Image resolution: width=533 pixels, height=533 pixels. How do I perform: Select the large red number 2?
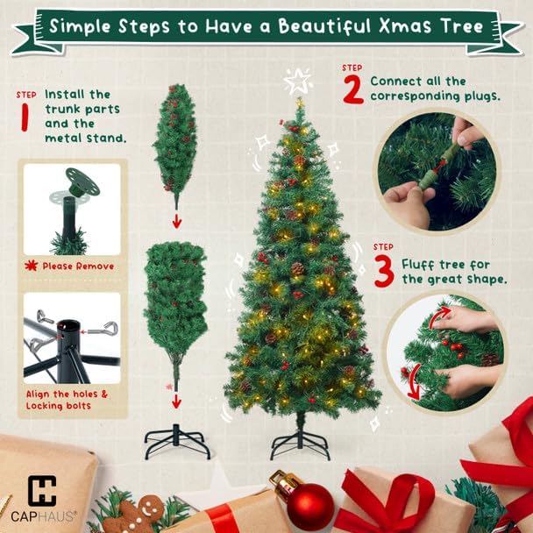click(x=352, y=89)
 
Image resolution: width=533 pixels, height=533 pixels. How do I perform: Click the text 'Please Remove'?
click(x=78, y=266)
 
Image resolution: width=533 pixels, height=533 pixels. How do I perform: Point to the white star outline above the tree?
click(x=298, y=82)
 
